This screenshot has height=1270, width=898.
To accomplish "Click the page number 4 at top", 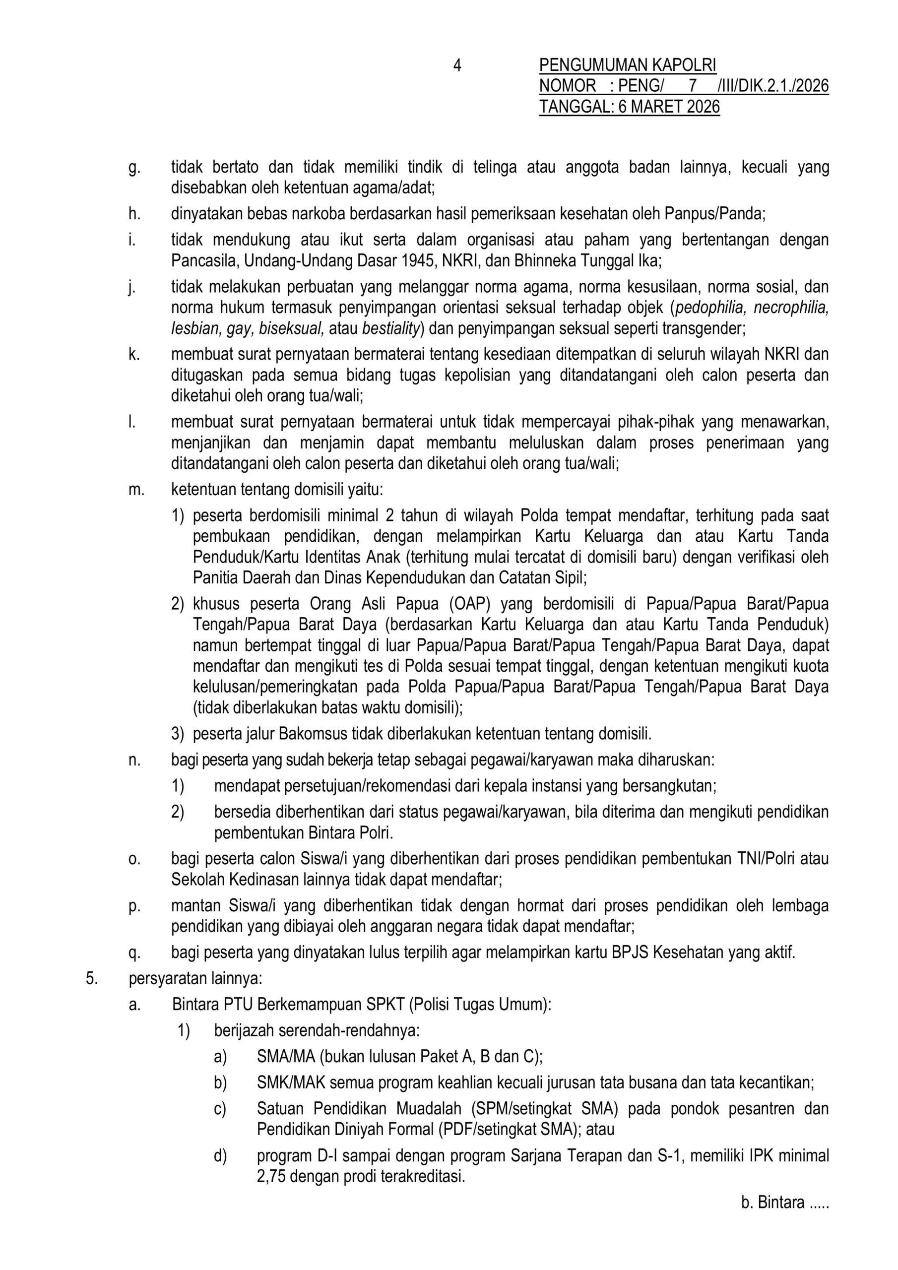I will click(x=457, y=66).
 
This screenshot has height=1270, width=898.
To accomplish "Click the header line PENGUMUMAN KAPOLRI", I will click(x=628, y=66).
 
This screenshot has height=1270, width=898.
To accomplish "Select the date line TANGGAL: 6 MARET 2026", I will click(x=629, y=107).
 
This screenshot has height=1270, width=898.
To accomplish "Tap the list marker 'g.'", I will click(x=134, y=168).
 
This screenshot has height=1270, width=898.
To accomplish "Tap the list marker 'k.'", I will click(x=134, y=354).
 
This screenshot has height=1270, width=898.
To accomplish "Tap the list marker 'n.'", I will click(x=134, y=760).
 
